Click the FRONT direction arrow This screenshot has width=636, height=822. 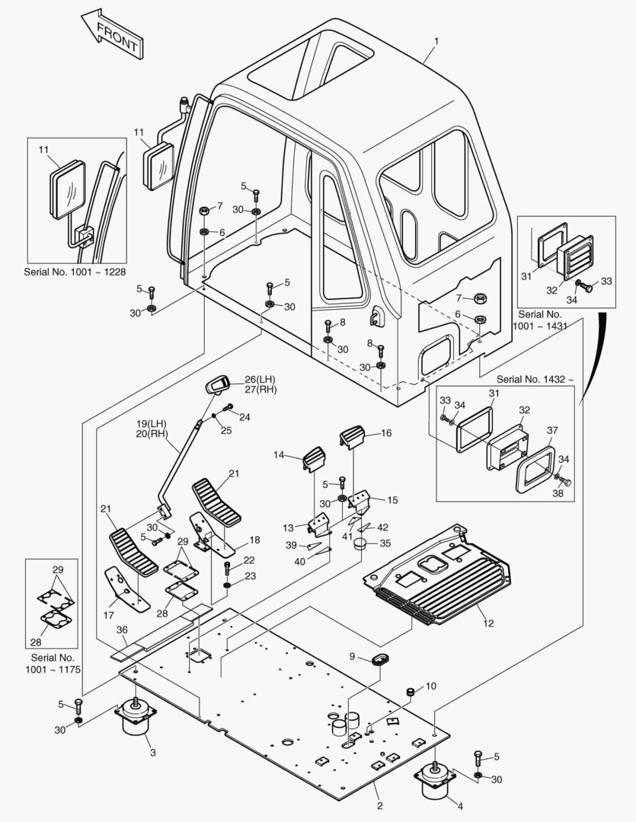coord(112,33)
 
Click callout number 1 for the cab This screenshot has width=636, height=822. coord(436,41)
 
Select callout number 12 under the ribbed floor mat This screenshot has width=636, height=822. coord(488,623)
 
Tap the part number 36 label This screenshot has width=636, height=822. coord(123,630)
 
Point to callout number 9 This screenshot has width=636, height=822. coord(352,657)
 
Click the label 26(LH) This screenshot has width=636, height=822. coord(260,380)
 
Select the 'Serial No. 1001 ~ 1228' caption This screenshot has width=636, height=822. coord(75,272)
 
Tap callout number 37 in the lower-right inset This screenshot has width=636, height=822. coord(552,430)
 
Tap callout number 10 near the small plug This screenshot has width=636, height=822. coord(430,687)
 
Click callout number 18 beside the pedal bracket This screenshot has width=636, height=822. coord(254,540)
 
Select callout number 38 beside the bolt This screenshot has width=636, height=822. coord(558,493)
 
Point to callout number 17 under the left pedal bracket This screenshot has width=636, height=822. coord(109,616)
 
